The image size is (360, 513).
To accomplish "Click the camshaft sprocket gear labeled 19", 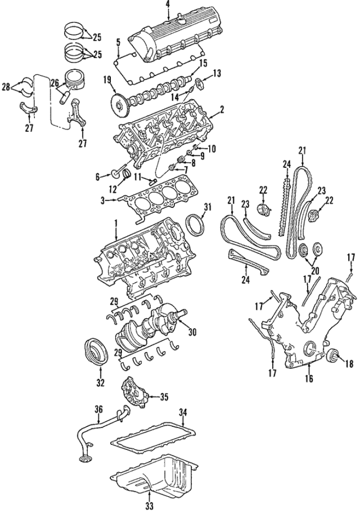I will pyautogui.click(x=119, y=105).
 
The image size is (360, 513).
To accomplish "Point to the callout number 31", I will pyautogui.click(x=207, y=206).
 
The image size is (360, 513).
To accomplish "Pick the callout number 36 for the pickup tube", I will pyautogui.click(x=99, y=409).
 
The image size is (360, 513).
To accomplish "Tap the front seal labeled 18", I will pyautogui.click(x=333, y=356).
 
